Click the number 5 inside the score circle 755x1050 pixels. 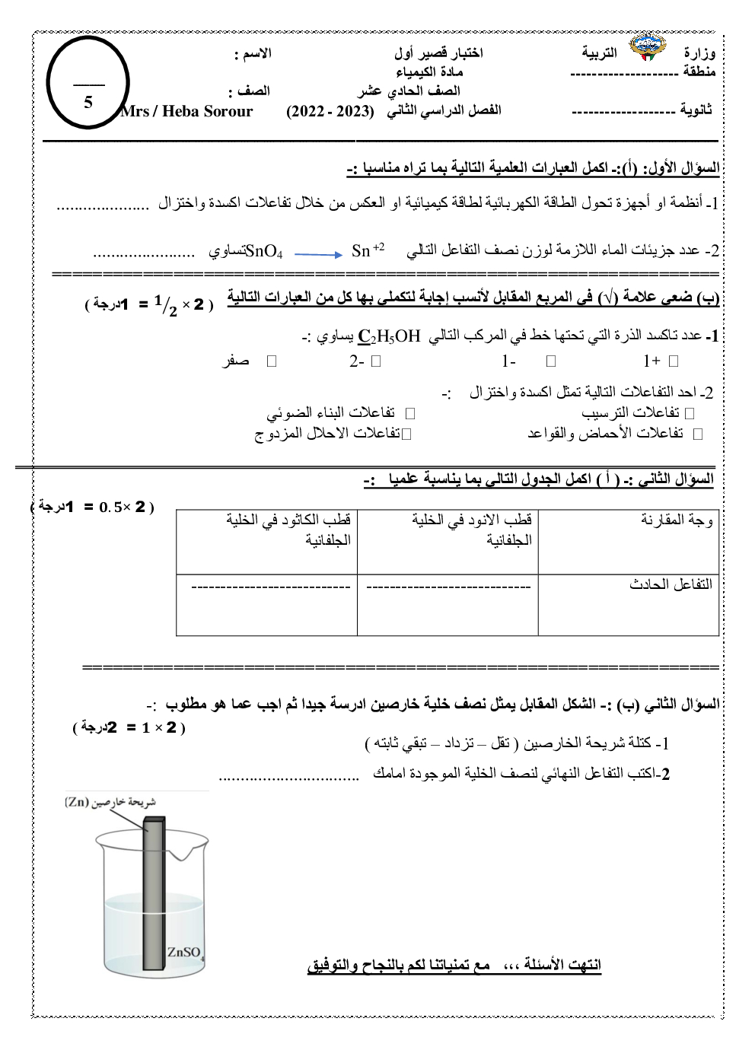pyautogui.click(x=88, y=102)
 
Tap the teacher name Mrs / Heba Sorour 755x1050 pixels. pyautogui.click(x=186, y=112)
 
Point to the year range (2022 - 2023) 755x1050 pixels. pyautogui.click(x=331, y=111)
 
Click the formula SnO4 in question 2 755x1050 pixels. pyautogui.click(x=265, y=251)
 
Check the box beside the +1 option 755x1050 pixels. pyautogui.click(x=672, y=361)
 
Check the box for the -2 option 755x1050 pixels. pyautogui.click(x=375, y=361)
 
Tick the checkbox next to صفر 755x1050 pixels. pyautogui.click(x=272, y=361)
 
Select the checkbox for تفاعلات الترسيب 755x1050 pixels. pyautogui.click(x=690, y=413)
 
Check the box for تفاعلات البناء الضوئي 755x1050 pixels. pyautogui.click(x=410, y=413)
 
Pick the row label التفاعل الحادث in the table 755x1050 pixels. pyautogui.click(x=671, y=584)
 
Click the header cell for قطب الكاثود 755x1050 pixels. pyautogui.click(x=288, y=530)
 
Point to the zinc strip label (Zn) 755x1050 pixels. pyautogui.click(x=110, y=801)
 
